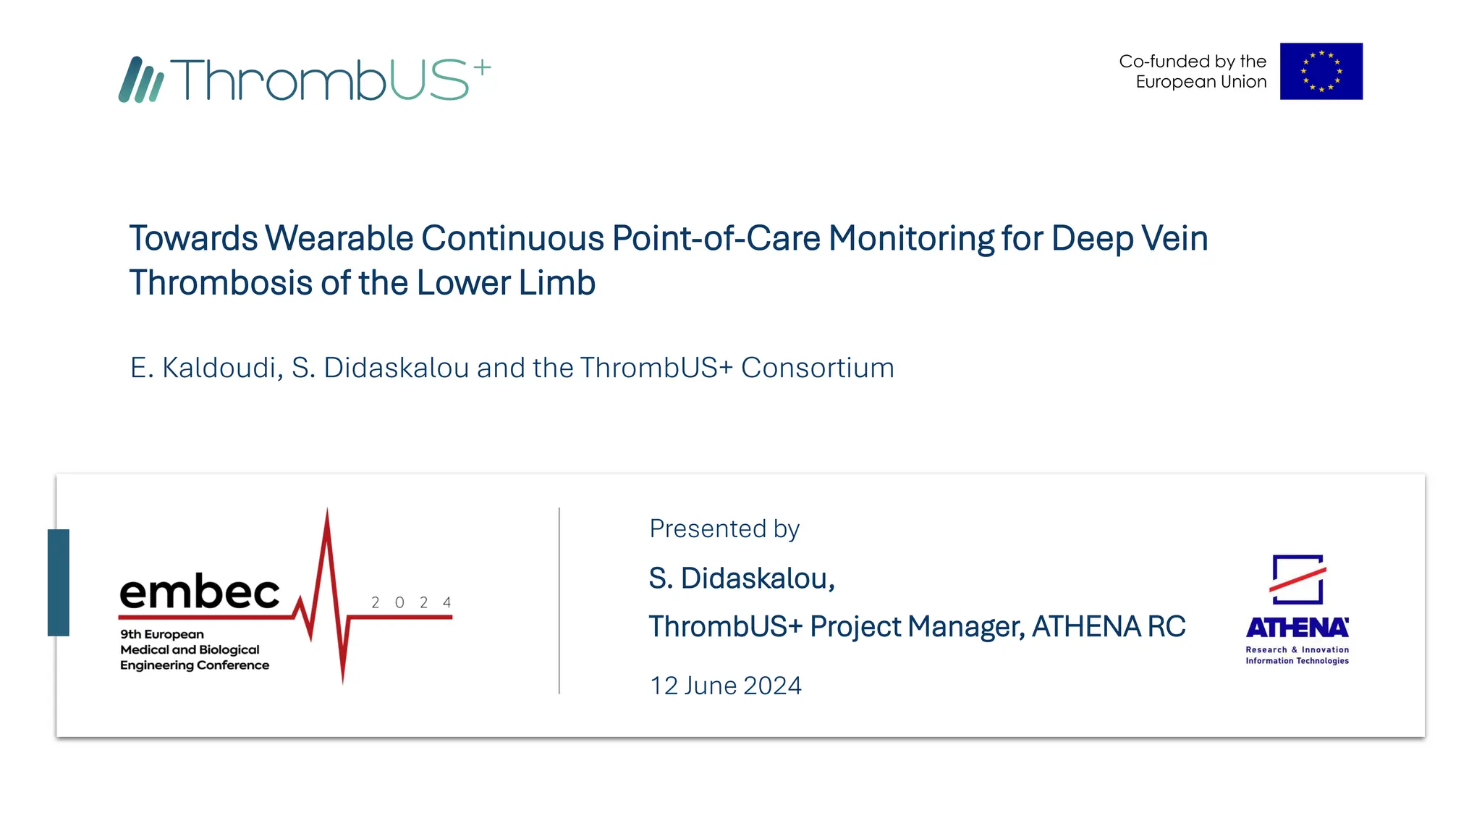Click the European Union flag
[x=1321, y=71]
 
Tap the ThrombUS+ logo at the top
[x=304, y=79]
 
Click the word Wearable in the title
[x=339, y=238]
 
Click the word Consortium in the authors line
[x=817, y=368]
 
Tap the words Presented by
[x=724, y=528]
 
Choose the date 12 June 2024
[x=725, y=686]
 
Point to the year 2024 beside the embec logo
[x=411, y=602]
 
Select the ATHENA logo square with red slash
[x=1297, y=579]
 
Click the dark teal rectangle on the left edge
[x=59, y=582]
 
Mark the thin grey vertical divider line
[x=559, y=601]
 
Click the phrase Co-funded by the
[x=1192, y=62]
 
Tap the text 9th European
[x=162, y=634]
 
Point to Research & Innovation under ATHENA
[x=1297, y=650]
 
